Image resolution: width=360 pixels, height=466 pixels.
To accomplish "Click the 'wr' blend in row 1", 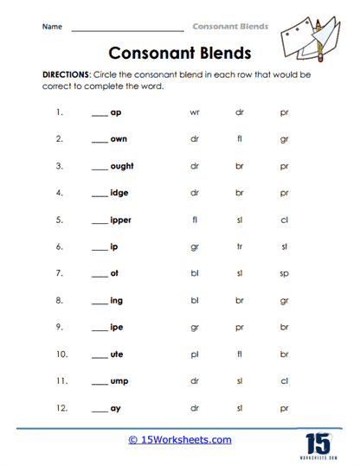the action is tap(194, 112).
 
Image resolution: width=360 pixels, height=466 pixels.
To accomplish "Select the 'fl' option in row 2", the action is tap(239, 139).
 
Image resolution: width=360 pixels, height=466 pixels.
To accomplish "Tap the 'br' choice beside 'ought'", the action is tap(240, 166).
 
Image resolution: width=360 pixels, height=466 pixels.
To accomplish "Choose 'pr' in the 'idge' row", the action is tap(284, 193).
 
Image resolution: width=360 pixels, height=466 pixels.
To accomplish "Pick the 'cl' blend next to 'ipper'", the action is tap(284, 220).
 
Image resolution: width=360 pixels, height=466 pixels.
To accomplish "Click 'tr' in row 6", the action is tap(239, 246).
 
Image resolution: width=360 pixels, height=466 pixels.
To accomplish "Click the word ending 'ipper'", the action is tap(120, 220).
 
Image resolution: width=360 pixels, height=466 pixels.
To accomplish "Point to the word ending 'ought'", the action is tap(122, 166).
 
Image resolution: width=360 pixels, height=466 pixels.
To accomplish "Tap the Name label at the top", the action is tap(52, 27).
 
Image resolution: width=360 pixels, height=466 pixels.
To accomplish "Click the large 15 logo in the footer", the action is tap(319, 442).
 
